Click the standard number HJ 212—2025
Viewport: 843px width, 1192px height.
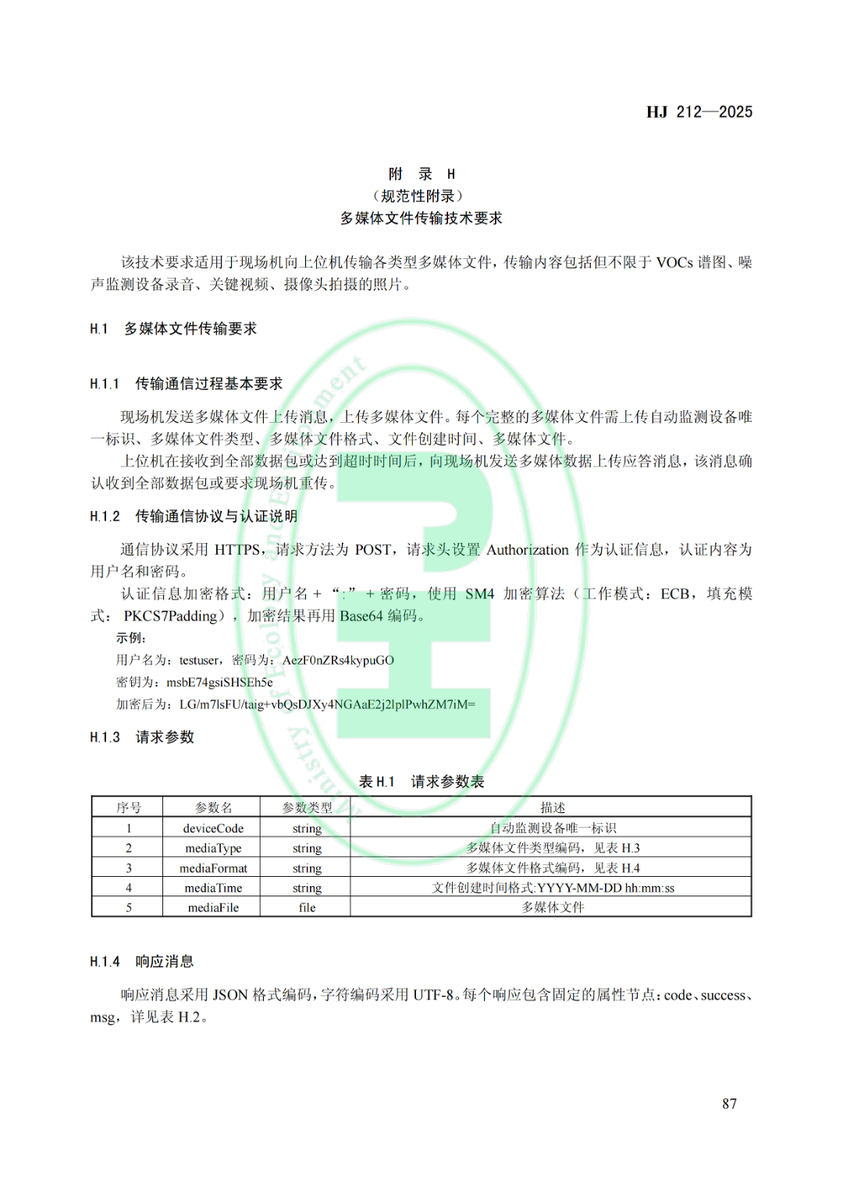(x=699, y=112)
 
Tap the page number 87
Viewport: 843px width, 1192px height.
(x=729, y=1103)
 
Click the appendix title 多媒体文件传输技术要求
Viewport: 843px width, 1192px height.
(x=421, y=218)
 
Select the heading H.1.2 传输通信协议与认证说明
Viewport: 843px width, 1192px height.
(x=193, y=516)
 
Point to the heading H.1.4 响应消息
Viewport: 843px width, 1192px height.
(x=141, y=961)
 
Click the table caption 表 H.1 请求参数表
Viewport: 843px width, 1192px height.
(x=421, y=782)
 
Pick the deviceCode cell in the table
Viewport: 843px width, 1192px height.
(x=213, y=828)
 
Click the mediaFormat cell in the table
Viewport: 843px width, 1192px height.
(x=213, y=868)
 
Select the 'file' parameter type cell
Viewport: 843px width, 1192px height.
(x=307, y=907)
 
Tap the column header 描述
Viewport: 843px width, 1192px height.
(x=552, y=807)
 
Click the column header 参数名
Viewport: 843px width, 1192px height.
(x=213, y=807)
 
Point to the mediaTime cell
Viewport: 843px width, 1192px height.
(x=213, y=888)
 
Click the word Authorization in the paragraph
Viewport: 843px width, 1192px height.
(x=528, y=550)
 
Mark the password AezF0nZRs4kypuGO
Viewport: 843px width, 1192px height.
(x=338, y=660)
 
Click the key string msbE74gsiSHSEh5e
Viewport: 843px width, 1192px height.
(x=219, y=683)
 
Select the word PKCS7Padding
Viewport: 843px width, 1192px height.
(x=170, y=616)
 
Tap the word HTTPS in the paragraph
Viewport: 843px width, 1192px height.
(x=237, y=550)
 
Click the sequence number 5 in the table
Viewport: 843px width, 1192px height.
(x=129, y=907)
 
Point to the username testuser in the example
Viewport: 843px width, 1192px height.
(x=199, y=660)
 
